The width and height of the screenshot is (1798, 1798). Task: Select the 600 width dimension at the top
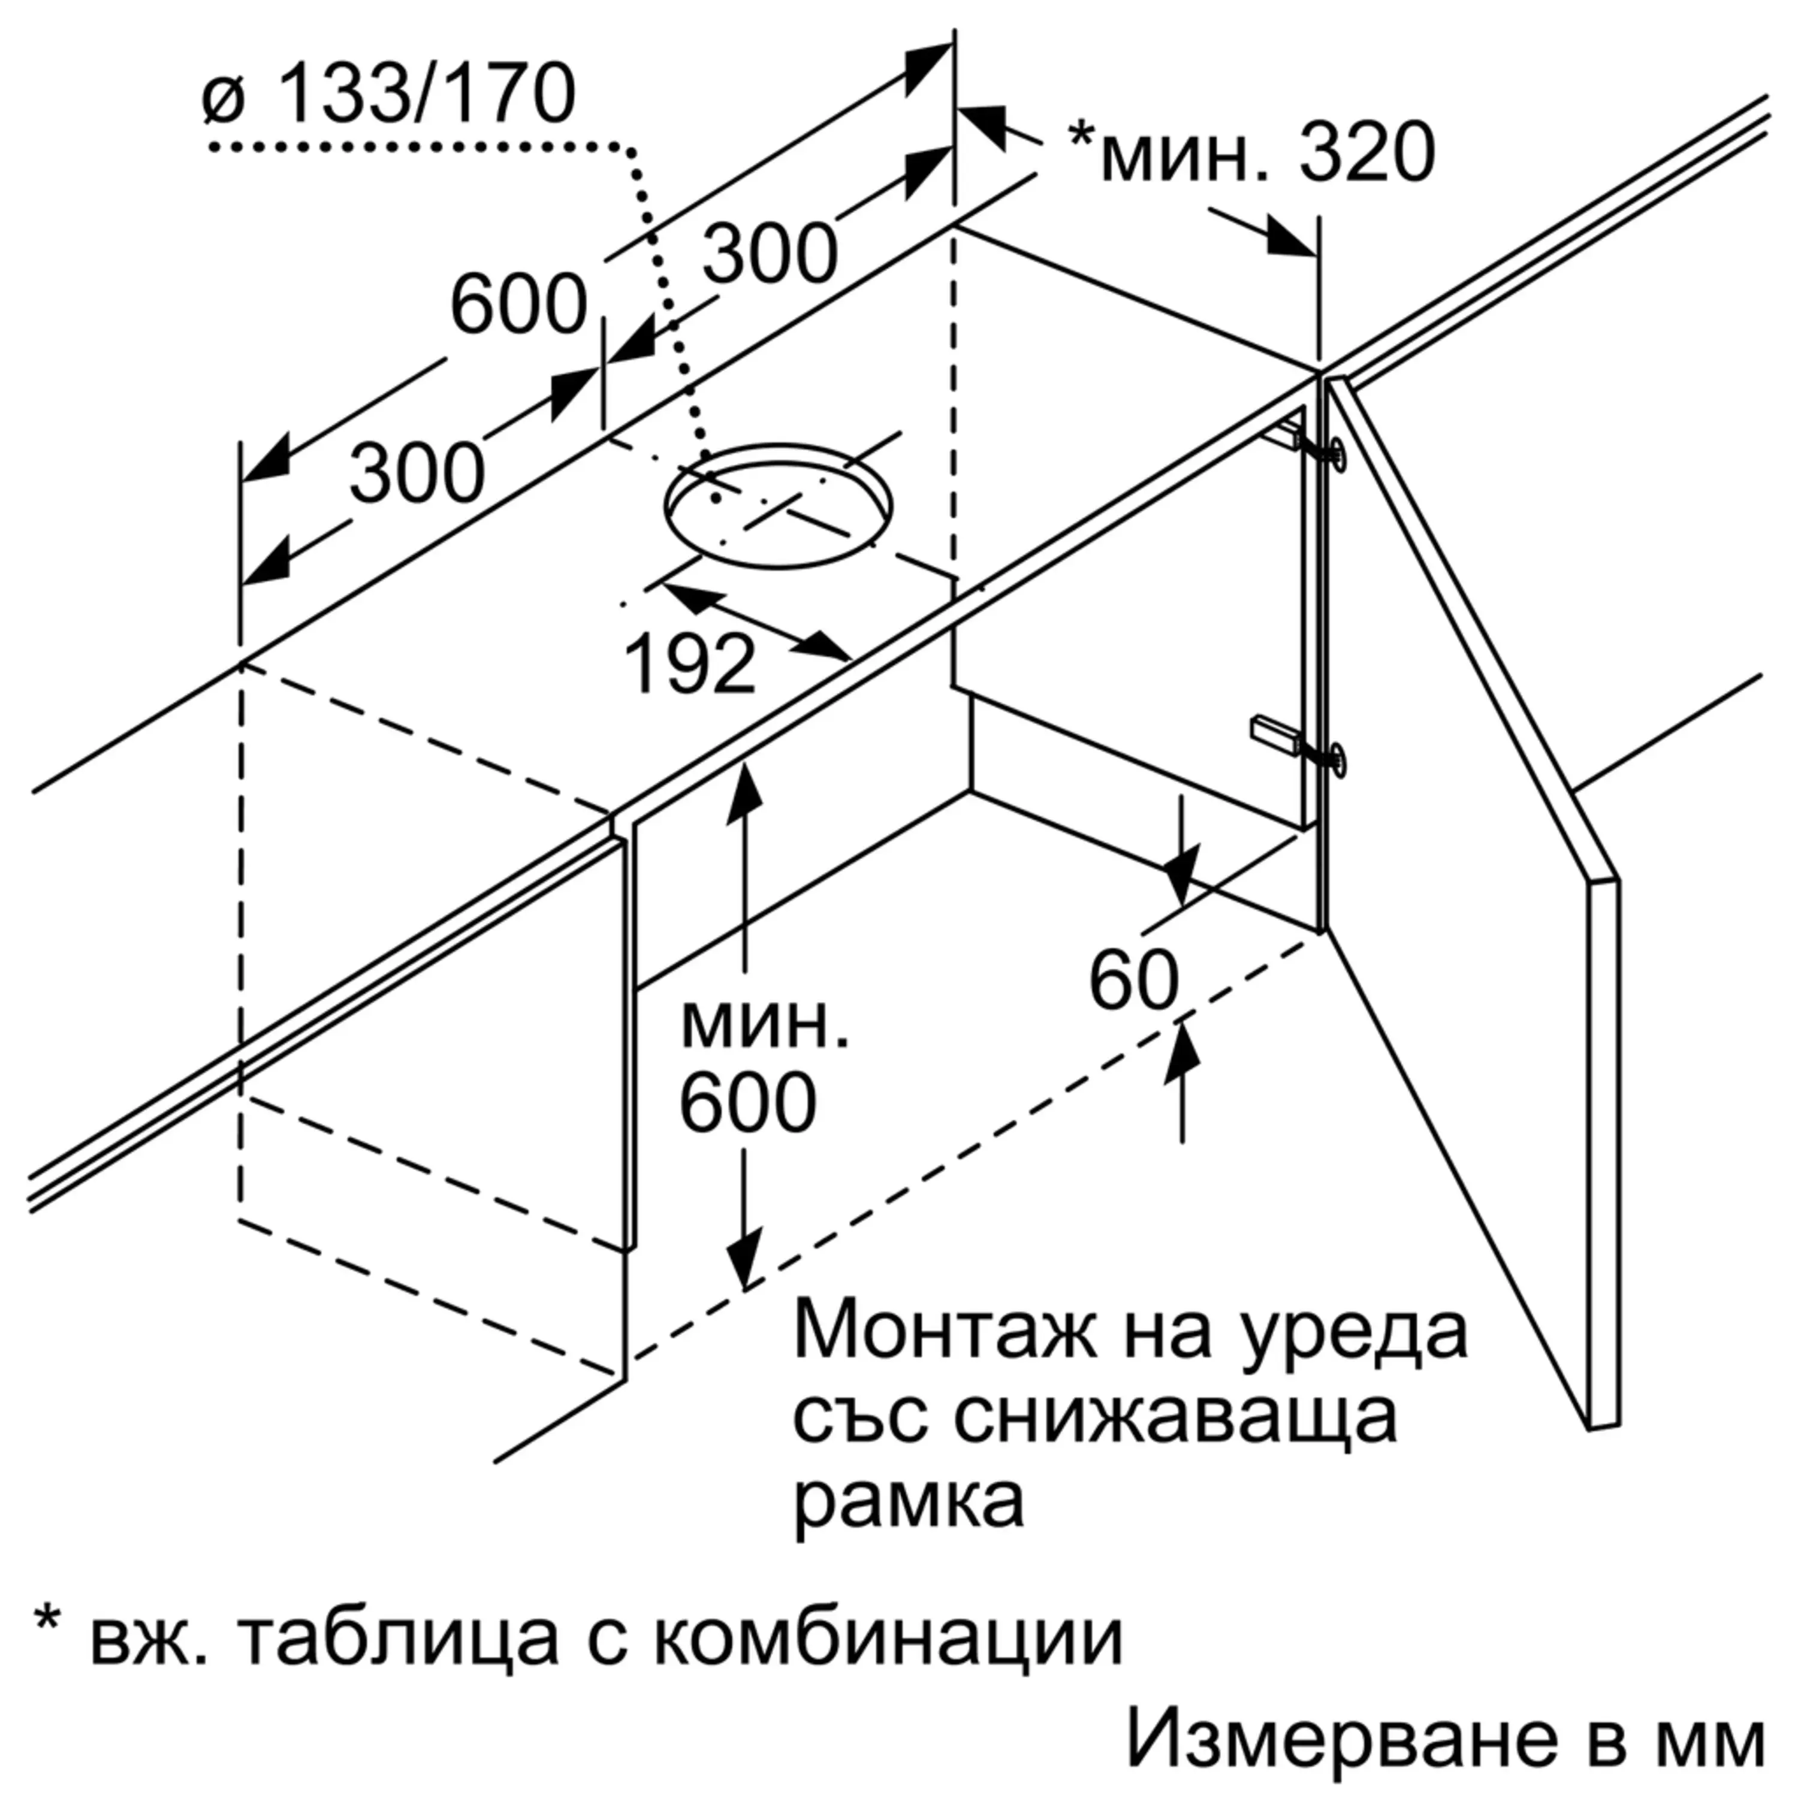518,304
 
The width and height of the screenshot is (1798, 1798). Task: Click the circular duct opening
778,506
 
